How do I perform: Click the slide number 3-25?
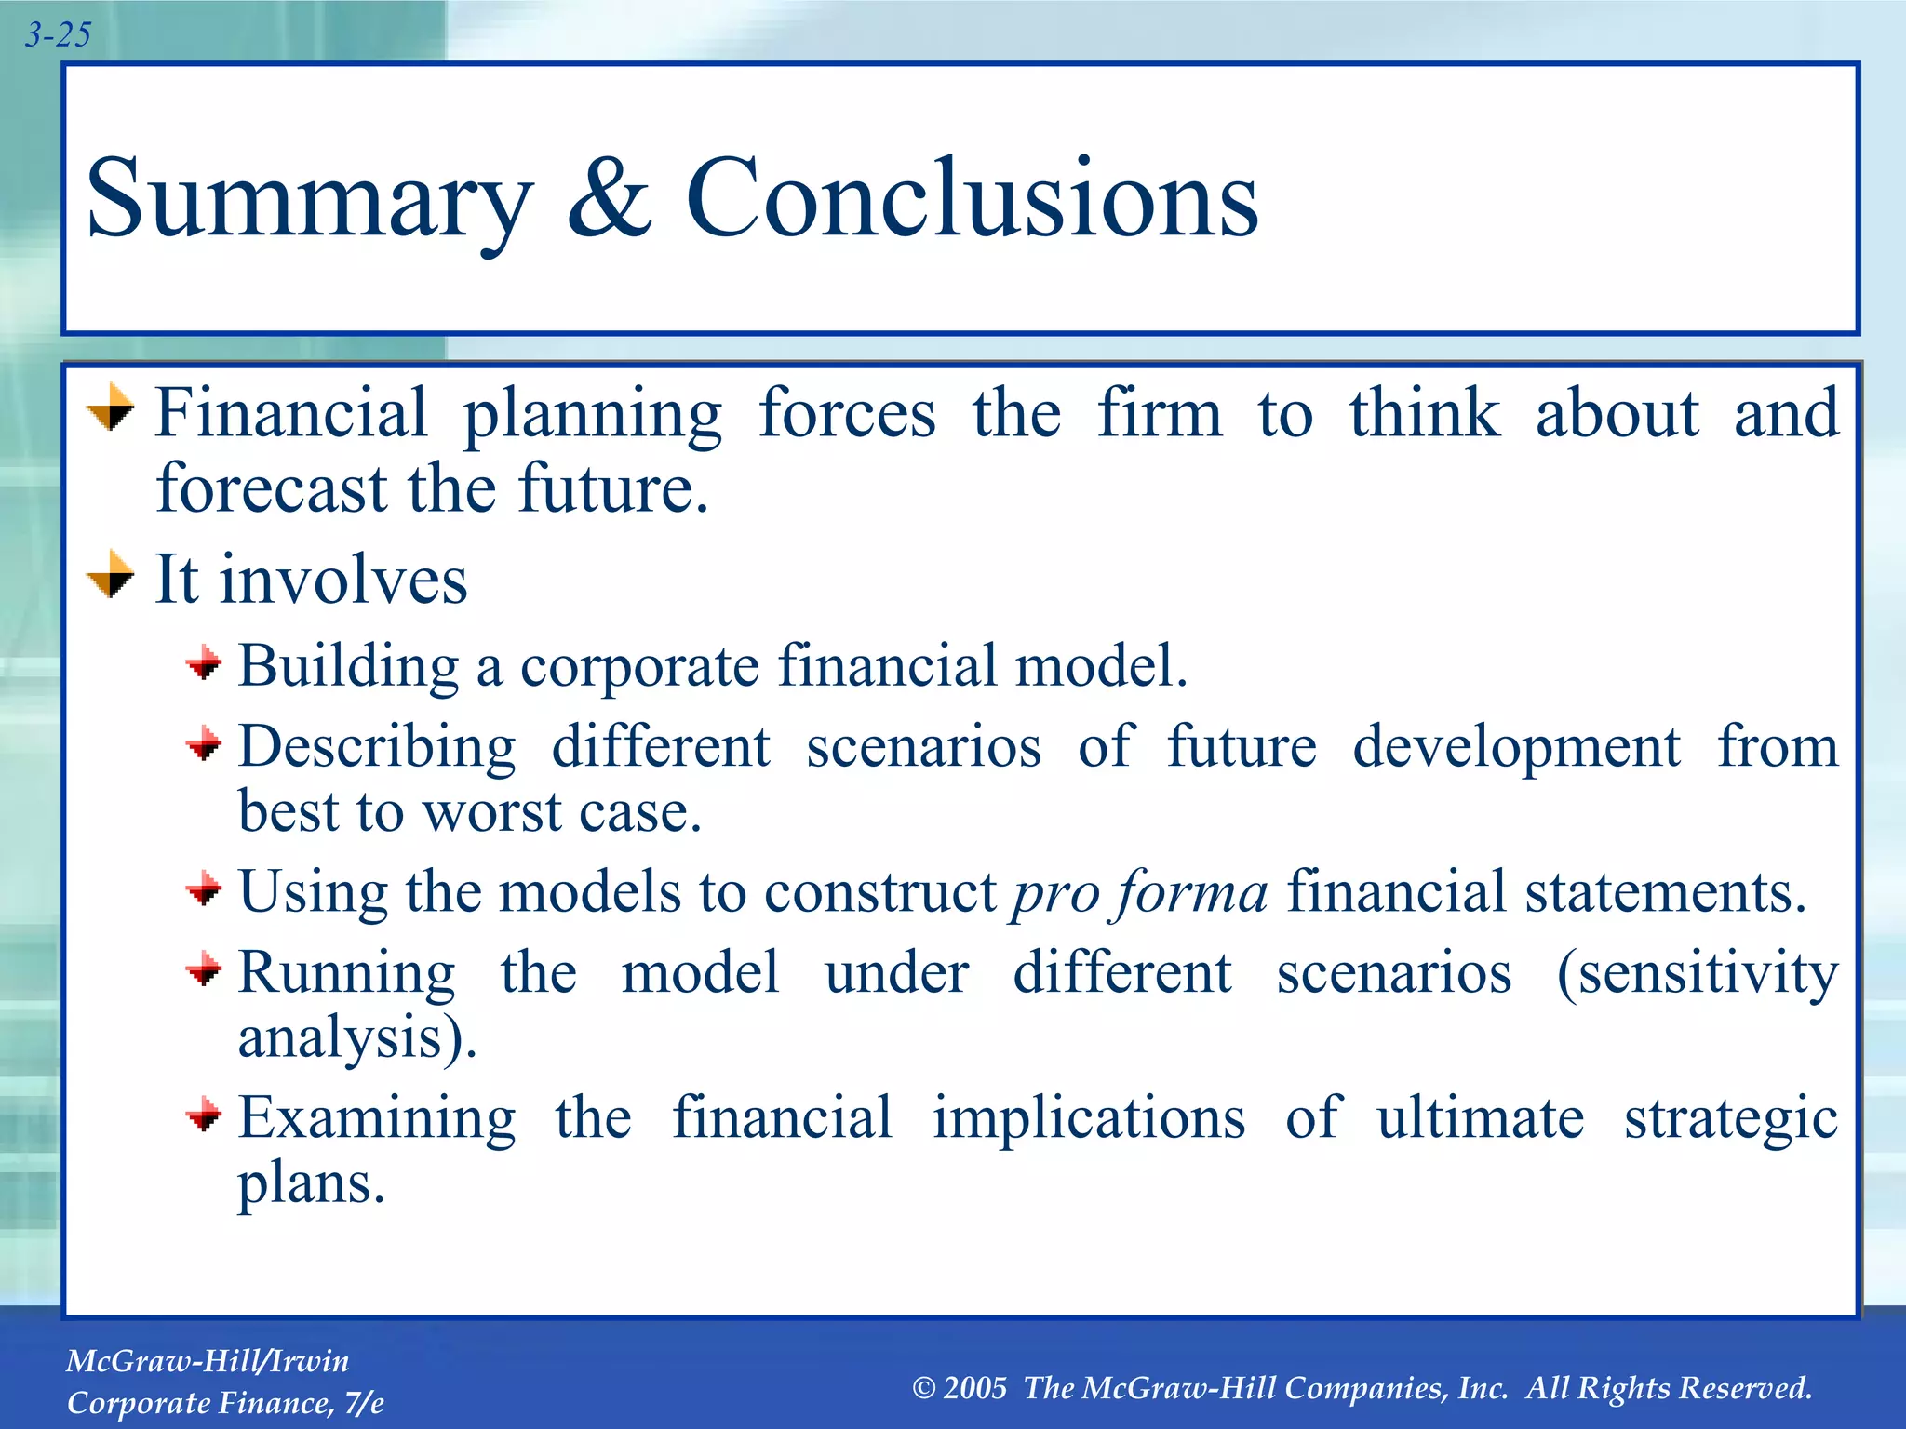58,35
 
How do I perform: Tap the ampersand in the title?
610,197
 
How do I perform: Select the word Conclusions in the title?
972,197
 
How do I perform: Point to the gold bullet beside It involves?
111,574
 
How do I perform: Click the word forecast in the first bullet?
271,488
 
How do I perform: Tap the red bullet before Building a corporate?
204,664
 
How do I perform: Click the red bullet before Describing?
204,744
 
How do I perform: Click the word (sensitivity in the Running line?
1698,974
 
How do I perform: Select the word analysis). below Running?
357,1039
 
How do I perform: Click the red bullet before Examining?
204,1114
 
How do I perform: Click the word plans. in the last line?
311,1184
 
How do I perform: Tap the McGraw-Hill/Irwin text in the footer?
208,1361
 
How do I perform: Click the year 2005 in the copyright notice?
974,1388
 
